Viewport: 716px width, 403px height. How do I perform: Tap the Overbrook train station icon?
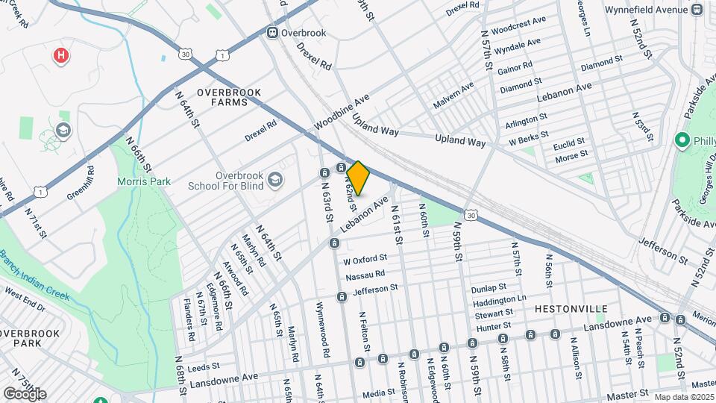click(x=273, y=32)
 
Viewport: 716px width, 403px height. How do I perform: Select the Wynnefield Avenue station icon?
click(x=697, y=10)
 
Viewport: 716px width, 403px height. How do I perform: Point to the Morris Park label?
click(x=144, y=181)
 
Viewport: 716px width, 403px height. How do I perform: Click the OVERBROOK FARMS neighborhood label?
click(x=229, y=97)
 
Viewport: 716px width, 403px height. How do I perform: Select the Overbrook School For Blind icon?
click(x=276, y=178)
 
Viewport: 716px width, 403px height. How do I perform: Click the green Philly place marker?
click(x=681, y=140)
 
